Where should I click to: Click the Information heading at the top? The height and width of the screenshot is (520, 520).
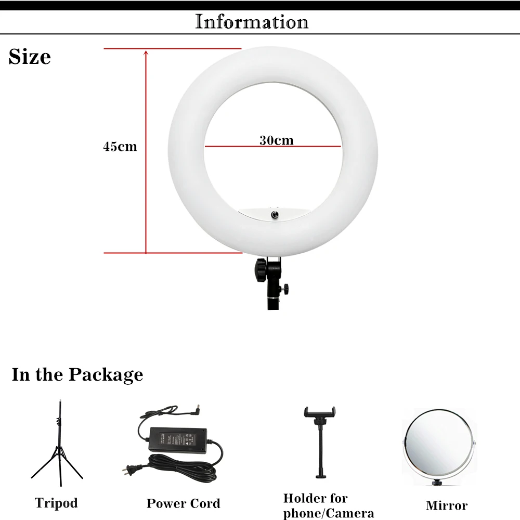tap(252, 22)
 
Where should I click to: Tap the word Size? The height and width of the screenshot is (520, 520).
tap(30, 57)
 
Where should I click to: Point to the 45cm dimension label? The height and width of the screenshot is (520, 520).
tap(120, 147)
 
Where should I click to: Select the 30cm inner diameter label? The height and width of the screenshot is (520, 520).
tap(276, 140)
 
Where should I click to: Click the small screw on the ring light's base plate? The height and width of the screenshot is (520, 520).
tap(272, 214)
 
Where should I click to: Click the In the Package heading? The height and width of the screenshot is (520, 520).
tap(77, 374)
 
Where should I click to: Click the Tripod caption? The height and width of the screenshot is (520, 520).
tap(56, 503)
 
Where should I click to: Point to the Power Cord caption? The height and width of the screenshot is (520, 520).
tap(183, 503)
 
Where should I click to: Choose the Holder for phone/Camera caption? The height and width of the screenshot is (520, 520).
tap(328, 505)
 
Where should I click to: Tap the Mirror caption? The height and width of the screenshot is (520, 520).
tap(446, 505)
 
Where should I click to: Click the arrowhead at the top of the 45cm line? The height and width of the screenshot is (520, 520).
tap(146, 52)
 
